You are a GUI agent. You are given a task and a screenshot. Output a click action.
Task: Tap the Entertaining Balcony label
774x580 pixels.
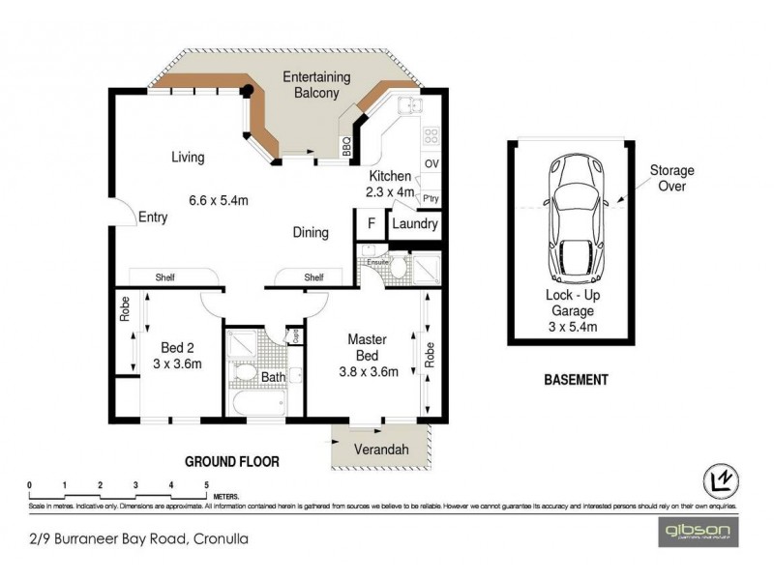click(x=311, y=84)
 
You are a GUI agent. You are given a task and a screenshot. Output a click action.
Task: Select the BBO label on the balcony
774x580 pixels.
click(x=346, y=145)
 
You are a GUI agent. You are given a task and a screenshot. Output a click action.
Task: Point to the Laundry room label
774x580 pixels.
click(x=414, y=224)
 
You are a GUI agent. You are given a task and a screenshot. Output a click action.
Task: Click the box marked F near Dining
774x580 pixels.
click(x=368, y=223)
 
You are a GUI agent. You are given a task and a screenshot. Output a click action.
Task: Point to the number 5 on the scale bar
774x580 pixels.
click(x=206, y=485)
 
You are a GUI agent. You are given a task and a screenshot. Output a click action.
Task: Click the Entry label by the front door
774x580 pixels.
click(x=153, y=217)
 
